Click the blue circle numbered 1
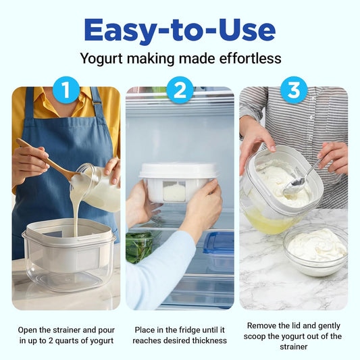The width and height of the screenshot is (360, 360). coord(66,90)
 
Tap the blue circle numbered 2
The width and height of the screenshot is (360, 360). coord(180,90)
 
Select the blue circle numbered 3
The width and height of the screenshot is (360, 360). coord(294,90)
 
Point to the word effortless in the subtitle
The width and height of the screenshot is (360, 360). coord(251,58)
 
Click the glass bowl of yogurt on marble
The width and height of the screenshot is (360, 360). coord(315,250)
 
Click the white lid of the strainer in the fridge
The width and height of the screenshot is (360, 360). coord(178,171)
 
